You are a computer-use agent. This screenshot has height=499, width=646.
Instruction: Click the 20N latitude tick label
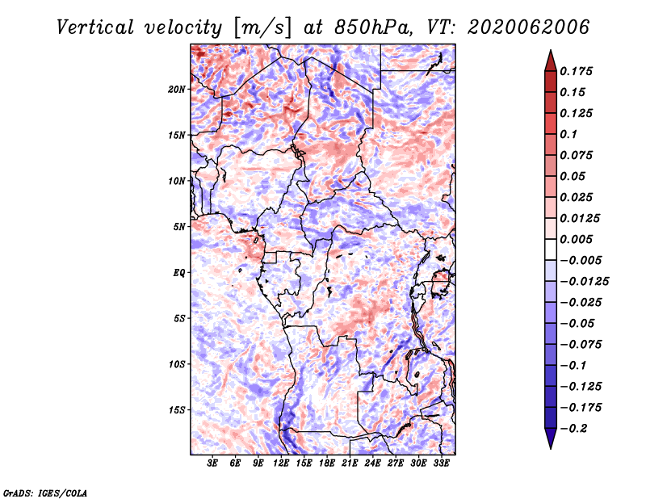click(177, 90)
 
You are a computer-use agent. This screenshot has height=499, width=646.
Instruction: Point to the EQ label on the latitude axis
click(179, 273)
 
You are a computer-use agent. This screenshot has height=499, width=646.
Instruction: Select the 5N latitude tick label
click(179, 227)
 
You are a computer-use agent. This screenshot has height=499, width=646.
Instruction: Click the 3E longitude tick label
click(212, 463)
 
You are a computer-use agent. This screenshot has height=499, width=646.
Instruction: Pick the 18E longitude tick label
click(327, 463)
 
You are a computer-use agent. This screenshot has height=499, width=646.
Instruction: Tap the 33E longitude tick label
click(441, 463)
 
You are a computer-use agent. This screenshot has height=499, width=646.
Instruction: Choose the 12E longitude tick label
click(281, 463)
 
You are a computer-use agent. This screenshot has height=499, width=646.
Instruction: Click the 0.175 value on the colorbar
click(576, 71)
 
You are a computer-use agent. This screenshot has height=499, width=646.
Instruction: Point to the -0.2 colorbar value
click(573, 429)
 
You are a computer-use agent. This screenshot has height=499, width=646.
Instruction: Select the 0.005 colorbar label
click(576, 239)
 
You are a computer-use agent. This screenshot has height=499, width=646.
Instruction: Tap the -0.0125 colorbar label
click(584, 282)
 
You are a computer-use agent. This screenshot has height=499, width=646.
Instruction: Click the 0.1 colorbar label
click(568, 134)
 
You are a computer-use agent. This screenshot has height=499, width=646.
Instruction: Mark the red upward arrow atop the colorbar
click(551, 61)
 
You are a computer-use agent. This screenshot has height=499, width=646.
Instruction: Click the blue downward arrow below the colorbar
click(551, 438)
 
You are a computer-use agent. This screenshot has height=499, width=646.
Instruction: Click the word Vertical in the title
click(94, 27)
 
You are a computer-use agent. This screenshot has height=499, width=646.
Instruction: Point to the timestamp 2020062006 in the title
click(528, 27)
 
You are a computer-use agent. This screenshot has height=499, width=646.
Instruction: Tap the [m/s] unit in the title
click(262, 28)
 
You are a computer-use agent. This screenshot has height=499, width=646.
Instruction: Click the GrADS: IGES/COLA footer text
click(45, 493)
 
